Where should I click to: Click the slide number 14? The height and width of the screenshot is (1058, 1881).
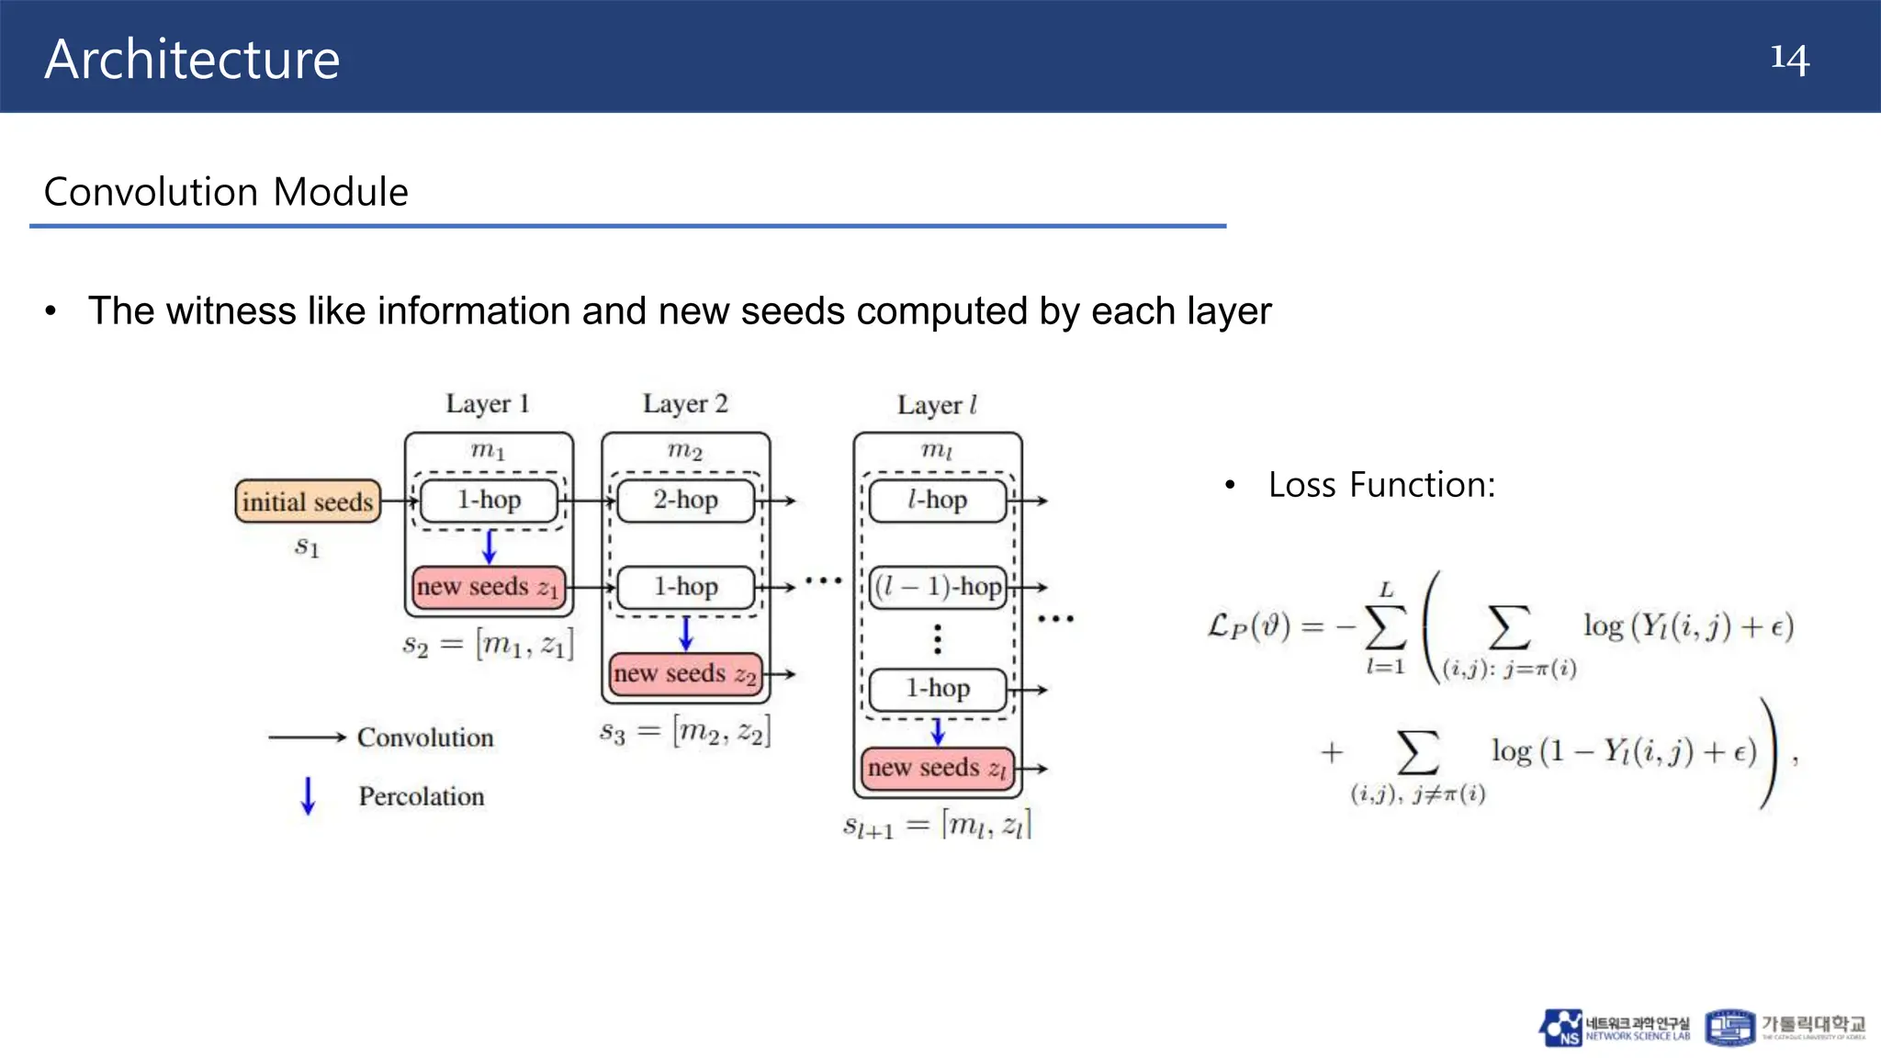click(1789, 58)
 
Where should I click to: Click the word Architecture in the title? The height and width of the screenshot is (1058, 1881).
click(192, 60)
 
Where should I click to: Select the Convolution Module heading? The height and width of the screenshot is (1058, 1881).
click(226, 192)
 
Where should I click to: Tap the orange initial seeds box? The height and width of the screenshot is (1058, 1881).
click(308, 501)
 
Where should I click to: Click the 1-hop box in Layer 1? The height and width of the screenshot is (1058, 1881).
click(489, 501)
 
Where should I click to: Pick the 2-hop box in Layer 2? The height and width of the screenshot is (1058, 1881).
click(685, 501)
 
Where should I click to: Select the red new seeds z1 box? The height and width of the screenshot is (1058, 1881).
click(488, 587)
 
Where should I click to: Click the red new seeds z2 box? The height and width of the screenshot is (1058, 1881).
click(685, 673)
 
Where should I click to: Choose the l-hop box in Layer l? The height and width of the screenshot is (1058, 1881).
click(937, 501)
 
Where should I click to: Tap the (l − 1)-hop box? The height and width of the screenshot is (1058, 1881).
click(938, 587)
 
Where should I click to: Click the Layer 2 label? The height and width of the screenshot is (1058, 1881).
click(685, 404)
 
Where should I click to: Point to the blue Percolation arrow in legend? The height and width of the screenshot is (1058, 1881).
click(308, 795)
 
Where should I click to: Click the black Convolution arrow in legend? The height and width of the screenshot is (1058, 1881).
click(307, 737)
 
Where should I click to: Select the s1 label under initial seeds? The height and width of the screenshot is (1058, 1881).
click(307, 547)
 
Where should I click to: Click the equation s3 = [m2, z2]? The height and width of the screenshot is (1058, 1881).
click(685, 732)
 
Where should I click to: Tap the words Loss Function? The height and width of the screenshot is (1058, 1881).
click(1381, 485)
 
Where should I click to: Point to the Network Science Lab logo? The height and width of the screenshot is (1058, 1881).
click(1615, 1028)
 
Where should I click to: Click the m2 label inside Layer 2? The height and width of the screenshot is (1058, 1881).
click(685, 450)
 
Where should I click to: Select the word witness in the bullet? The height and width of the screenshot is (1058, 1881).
click(231, 311)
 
